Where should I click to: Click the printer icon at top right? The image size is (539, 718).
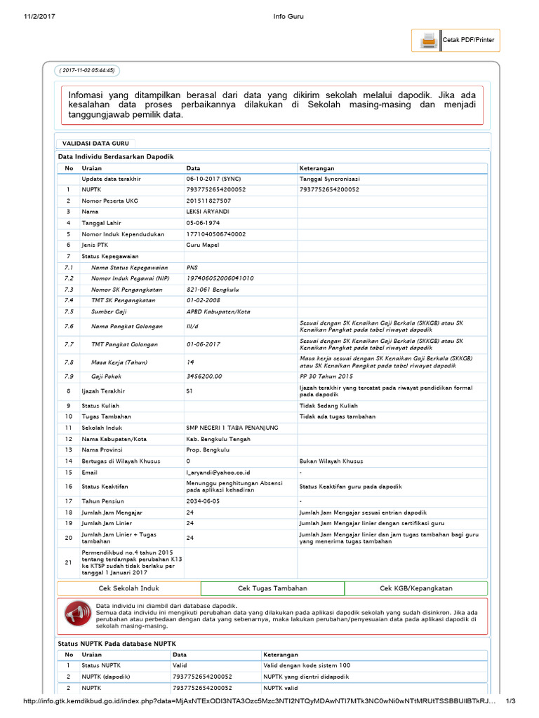click(427, 41)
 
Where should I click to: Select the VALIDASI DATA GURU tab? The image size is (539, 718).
click(91, 143)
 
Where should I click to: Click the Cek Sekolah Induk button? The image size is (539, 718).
click(128, 588)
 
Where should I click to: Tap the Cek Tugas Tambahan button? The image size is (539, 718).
click(272, 588)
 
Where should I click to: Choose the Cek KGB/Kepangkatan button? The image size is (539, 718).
click(416, 588)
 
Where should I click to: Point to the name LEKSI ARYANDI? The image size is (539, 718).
click(208, 211)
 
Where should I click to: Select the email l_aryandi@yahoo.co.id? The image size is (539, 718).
click(218, 473)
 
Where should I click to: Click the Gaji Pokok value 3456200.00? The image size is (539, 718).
click(204, 376)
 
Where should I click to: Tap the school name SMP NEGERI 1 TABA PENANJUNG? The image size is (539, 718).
click(232, 427)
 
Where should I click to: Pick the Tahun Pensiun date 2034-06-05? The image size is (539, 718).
click(203, 501)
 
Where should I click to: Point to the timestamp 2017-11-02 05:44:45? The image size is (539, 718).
click(87, 70)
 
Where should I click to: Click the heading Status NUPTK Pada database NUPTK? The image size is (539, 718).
click(117, 643)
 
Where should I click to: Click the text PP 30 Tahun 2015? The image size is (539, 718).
click(327, 376)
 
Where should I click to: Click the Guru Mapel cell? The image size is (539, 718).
click(203, 245)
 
